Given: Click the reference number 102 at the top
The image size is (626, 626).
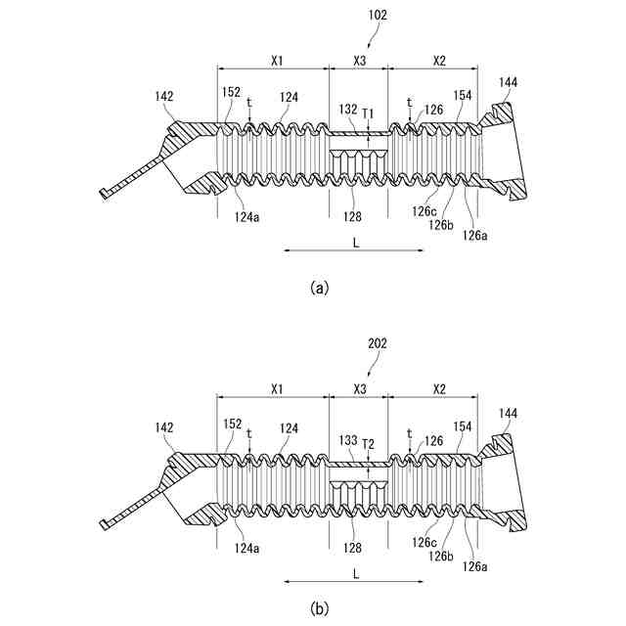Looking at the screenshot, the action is [x=378, y=15].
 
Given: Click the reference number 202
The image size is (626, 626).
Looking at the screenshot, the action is [x=378, y=344].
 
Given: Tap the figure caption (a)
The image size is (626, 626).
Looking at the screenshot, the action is [x=318, y=288].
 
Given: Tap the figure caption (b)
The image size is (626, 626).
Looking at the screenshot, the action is [x=318, y=608].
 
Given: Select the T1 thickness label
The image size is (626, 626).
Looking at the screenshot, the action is [x=368, y=114].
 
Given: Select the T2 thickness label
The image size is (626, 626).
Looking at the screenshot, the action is [x=368, y=444].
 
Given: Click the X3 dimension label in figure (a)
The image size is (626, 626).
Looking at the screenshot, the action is [x=359, y=61].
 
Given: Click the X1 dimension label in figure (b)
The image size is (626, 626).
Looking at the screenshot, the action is [x=277, y=389].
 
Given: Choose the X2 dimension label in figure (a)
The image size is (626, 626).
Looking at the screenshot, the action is [x=438, y=61].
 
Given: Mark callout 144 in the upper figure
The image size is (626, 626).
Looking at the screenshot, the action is [x=509, y=82].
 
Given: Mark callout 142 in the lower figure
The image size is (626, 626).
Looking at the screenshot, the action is [x=163, y=427].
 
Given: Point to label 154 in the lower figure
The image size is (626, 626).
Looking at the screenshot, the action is [x=463, y=425].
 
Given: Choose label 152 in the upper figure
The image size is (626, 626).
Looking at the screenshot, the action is [x=231, y=92].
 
